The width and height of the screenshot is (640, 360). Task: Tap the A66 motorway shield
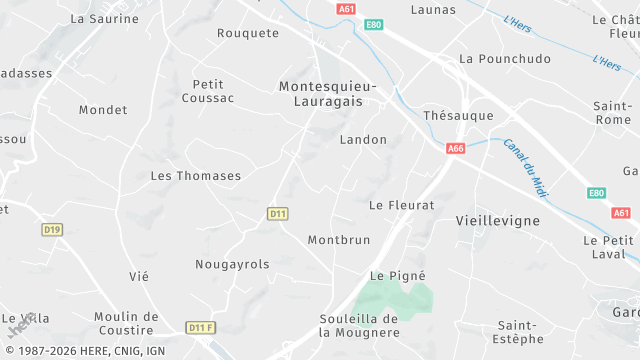[x=456, y=148]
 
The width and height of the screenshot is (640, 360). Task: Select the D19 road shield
[x=52, y=230]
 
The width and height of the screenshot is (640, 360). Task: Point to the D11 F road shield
[x=201, y=328]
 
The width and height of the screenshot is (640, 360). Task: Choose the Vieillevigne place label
[x=497, y=220]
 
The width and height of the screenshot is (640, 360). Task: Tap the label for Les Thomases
[x=195, y=176]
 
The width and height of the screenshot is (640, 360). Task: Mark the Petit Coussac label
[x=208, y=91]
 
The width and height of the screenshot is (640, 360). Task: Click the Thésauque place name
[x=458, y=116]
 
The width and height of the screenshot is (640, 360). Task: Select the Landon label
[x=363, y=140]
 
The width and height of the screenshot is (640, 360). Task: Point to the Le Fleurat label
[x=402, y=205]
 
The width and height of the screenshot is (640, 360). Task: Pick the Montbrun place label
[x=339, y=240]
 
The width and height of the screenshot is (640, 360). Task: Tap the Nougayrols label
[x=232, y=265]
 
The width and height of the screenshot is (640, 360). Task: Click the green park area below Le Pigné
[x=394, y=298]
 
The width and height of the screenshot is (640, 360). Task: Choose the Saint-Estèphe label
[x=517, y=334]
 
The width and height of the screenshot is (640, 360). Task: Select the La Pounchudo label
[x=504, y=59]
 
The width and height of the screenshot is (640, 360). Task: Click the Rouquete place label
[x=248, y=33]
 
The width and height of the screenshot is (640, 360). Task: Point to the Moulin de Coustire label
[x=126, y=324]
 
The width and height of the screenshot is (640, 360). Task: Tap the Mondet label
[x=103, y=110]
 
